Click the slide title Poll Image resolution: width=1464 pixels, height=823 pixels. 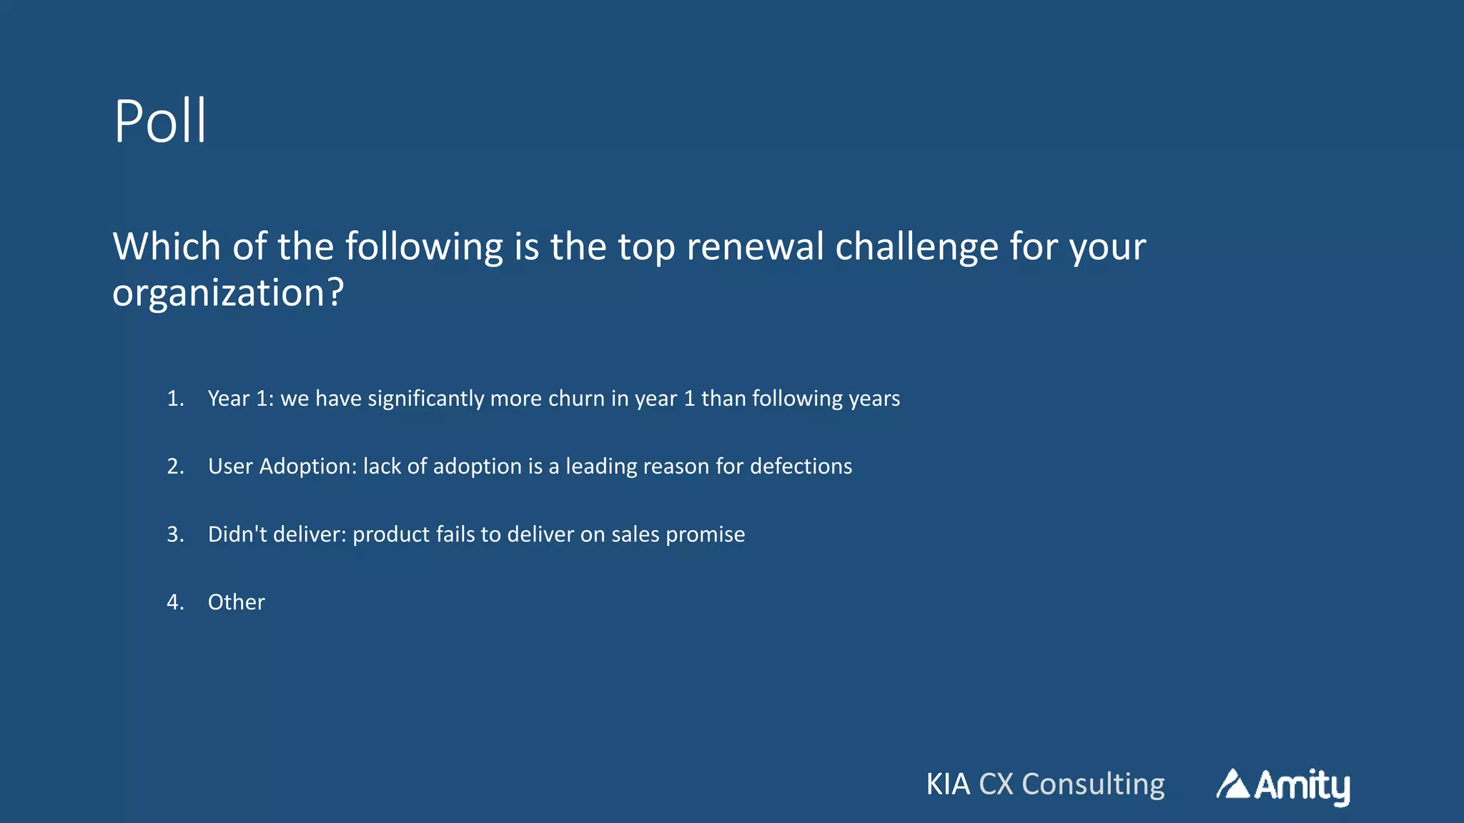click(x=160, y=121)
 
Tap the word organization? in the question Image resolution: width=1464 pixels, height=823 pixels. click(x=228, y=293)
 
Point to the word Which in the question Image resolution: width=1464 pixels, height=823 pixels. click(x=167, y=246)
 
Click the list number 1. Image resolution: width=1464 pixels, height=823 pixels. click(x=175, y=399)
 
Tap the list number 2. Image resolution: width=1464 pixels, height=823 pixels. click(x=175, y=467)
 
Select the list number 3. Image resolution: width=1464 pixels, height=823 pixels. click(x=175, y=534)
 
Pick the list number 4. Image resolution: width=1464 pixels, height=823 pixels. click(x=175, y=602)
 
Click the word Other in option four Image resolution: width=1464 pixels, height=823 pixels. click(x=236, y=602)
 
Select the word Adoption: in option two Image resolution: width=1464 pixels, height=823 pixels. click(x=307, y=467)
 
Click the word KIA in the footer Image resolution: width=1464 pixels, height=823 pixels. click(x=948, y=784)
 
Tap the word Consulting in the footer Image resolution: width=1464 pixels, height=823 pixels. click(x=1093, y=784)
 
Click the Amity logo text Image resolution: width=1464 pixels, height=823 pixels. click(x=1302, y=786)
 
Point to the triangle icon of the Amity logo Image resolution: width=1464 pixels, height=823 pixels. click(x=1232, y=784)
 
